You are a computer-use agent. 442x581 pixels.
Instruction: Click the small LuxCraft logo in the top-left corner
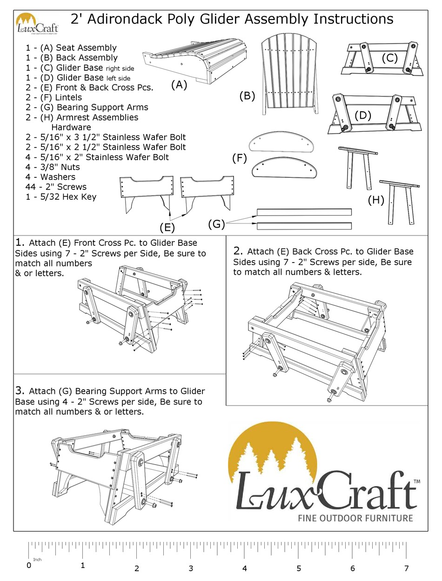[x=37, y=25]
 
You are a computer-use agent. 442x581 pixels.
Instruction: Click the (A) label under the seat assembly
[x=179, y=85]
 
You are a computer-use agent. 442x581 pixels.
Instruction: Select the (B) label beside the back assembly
[x=247, y=96]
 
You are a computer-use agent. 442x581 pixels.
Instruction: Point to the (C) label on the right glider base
[x=389, y=58]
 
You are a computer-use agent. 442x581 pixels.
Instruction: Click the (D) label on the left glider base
[x=363, y=115]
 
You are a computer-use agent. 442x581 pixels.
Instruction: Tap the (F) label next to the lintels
[x=239, y=159]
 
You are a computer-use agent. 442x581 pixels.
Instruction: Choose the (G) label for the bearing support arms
[x=216, y=224]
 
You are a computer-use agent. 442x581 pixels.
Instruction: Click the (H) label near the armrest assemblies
[x=375, y=200]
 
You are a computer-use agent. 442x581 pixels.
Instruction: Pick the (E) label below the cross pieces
[x=167, y=228]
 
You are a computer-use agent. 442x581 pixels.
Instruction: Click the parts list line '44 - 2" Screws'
[x=56, y=187]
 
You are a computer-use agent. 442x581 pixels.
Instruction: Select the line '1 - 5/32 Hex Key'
[x=61, y=197]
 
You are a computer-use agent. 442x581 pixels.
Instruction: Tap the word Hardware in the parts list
[x=71, y=127]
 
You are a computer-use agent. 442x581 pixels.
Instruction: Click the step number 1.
[x=19, y=243]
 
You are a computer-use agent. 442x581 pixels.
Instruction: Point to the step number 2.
[x=237, y=251]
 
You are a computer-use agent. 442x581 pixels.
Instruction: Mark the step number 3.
[x=19, y=390]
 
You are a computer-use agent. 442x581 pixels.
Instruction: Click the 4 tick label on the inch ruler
[x=244, y=568]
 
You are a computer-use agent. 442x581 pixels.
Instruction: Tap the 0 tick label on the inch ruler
[x=29, y=566]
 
